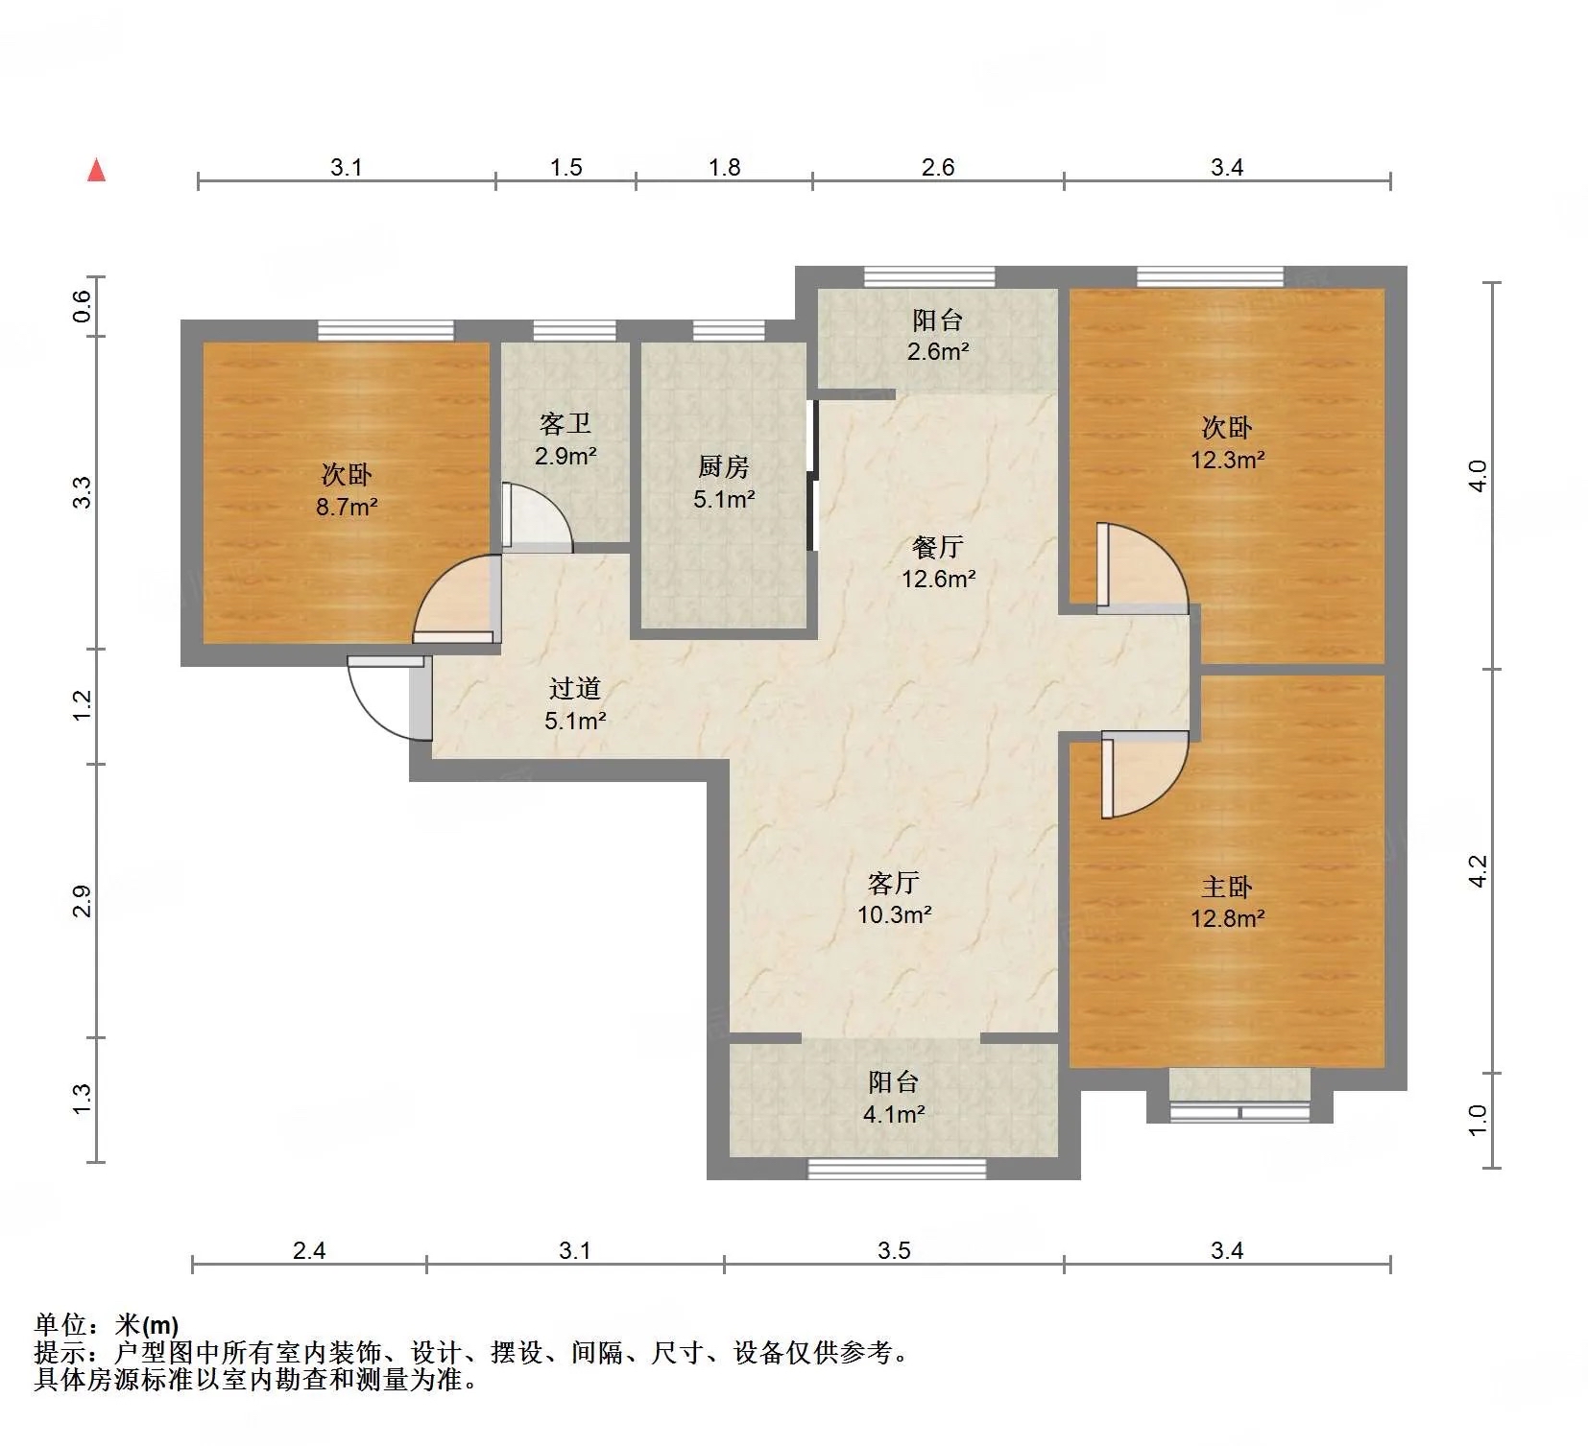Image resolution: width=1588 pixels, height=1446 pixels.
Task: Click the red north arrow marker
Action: [x=96, y=170]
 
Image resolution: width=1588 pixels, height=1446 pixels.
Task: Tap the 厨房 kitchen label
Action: [x=724, y=467]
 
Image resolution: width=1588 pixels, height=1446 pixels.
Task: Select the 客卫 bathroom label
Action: [x=565, y=424]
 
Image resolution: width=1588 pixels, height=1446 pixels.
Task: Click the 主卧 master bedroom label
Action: [x=1227, y=887]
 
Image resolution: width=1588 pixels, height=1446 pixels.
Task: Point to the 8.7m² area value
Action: [x=347, y=507]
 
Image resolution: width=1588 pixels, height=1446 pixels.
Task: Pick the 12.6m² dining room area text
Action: [x=938, y=579]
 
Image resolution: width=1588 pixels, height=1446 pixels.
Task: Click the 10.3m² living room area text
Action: [x=894, y=914]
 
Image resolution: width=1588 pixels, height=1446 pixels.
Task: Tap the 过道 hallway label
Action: [x=575, y=688]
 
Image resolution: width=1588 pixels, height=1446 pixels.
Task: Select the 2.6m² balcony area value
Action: [x=938, y=351]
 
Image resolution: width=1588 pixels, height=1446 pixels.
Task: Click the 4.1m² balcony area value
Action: [x=894, y=1114]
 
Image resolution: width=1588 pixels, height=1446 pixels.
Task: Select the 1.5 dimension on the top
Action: [x=566, y=167]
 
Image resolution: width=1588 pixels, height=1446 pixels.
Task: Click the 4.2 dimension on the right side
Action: [x=1479, y=870]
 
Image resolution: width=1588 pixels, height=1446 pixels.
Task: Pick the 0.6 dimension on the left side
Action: [x=83, y=306]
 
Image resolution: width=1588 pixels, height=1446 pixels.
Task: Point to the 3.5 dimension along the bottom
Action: [x=894, y=1250]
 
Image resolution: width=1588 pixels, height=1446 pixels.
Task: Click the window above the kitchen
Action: [x=729, y=331]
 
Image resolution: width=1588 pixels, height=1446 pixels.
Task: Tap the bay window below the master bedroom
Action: [x=1239, y=1112]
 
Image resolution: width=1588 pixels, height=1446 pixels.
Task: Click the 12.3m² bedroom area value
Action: [x=1227, y=460]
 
